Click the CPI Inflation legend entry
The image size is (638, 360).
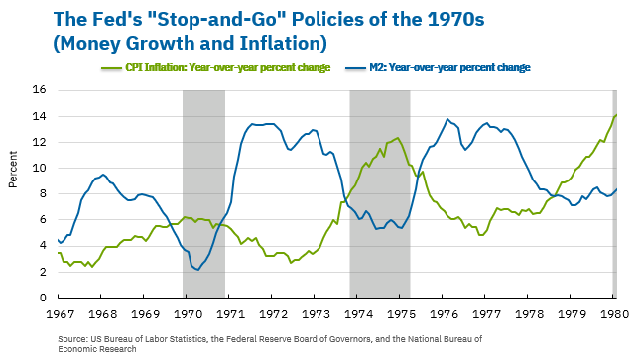point(223,66)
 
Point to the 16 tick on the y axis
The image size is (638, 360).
point(41,90)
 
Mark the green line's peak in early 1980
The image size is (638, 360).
point(615,115)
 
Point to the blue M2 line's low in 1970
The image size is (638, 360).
point(197,269)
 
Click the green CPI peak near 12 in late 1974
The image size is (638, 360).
point(398,138)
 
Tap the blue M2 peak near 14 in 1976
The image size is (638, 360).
point(447,119)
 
